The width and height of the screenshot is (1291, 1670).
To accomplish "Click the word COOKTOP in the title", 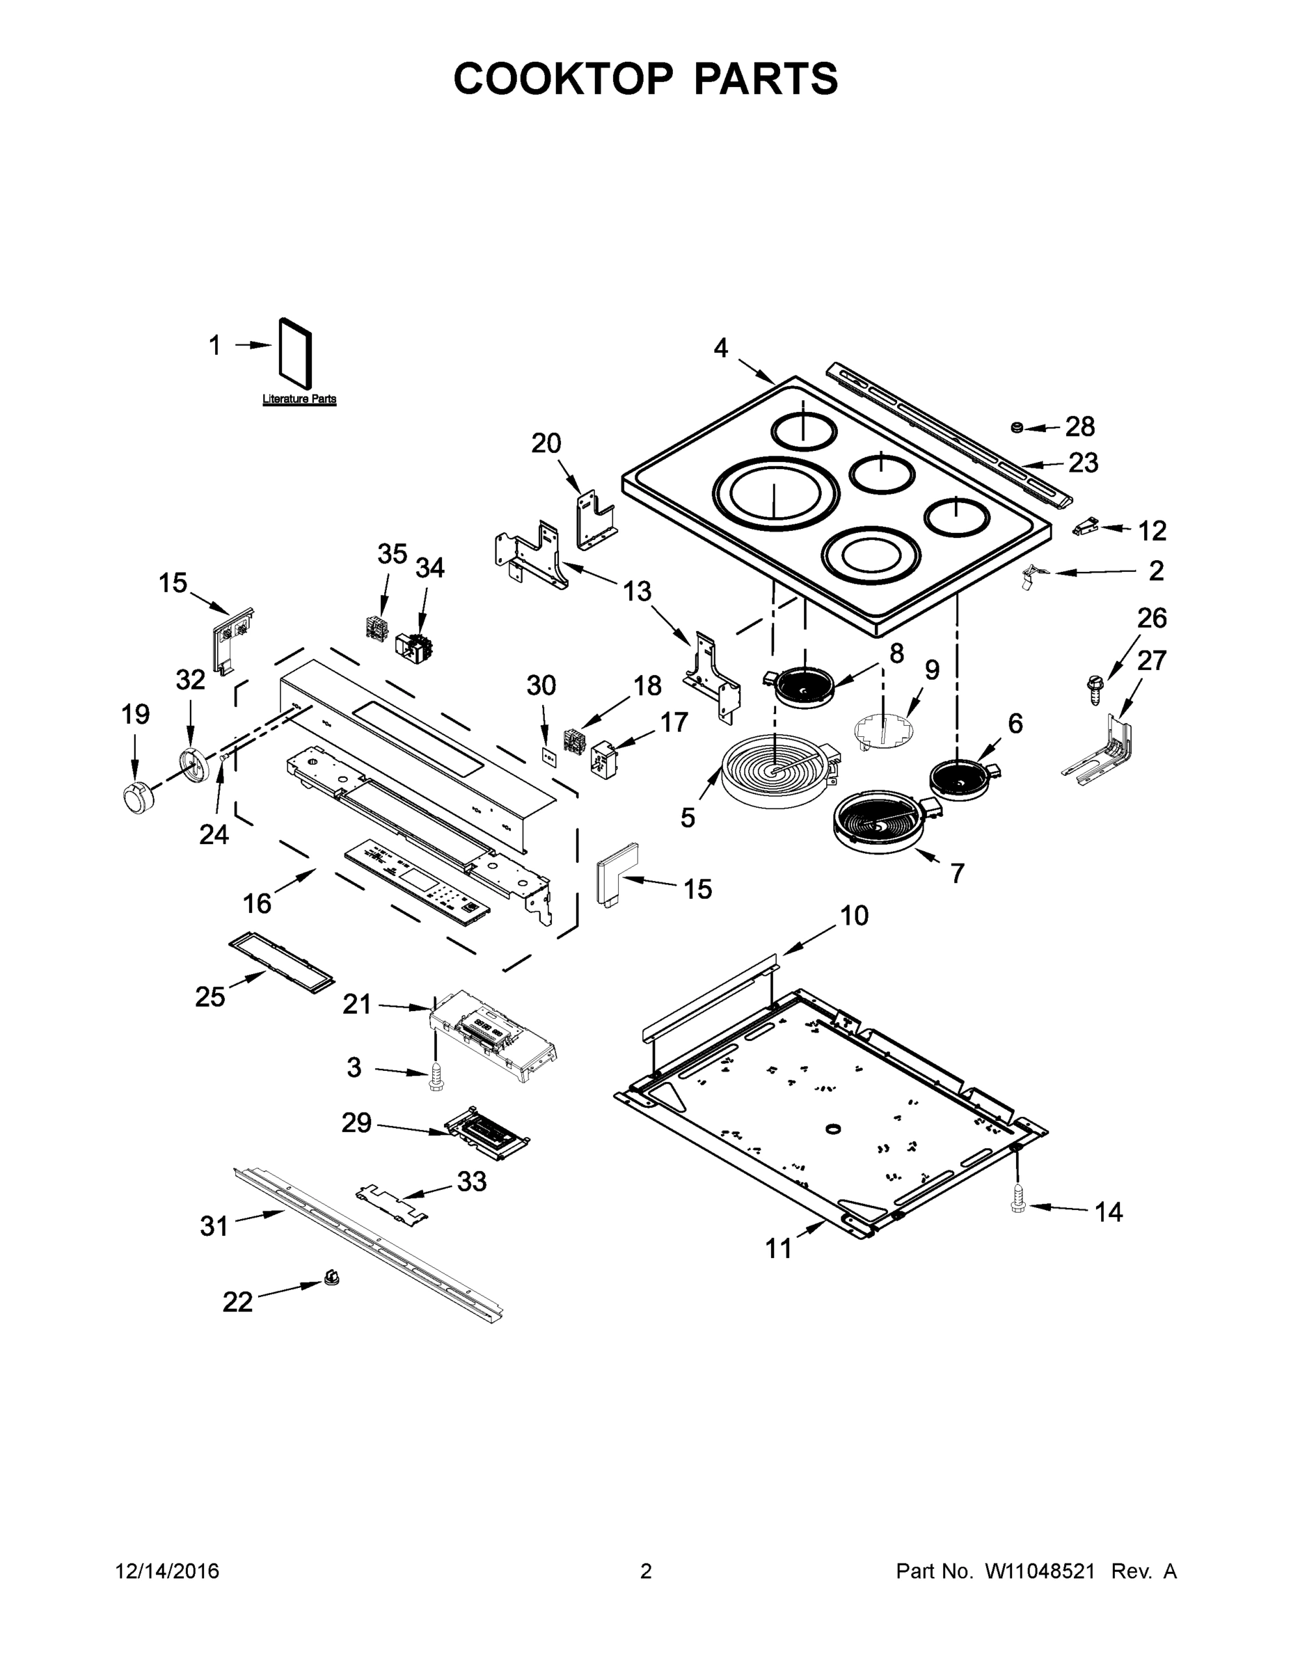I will coord(564,79).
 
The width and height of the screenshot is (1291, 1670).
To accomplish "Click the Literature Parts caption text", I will coord(299,399).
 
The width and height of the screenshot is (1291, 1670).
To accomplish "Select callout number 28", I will coord(1080,427).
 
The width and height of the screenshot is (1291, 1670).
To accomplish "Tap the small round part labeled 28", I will coord(1017,427).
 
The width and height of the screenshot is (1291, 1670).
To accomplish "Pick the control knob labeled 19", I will coord(138,797).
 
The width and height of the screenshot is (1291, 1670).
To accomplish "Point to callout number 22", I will coord(237,1302).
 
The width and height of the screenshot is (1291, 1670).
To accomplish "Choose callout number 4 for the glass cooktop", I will coord(720,349).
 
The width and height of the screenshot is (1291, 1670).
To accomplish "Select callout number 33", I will coord(471,1182).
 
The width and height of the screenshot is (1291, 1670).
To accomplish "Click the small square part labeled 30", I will coord(548,756).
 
